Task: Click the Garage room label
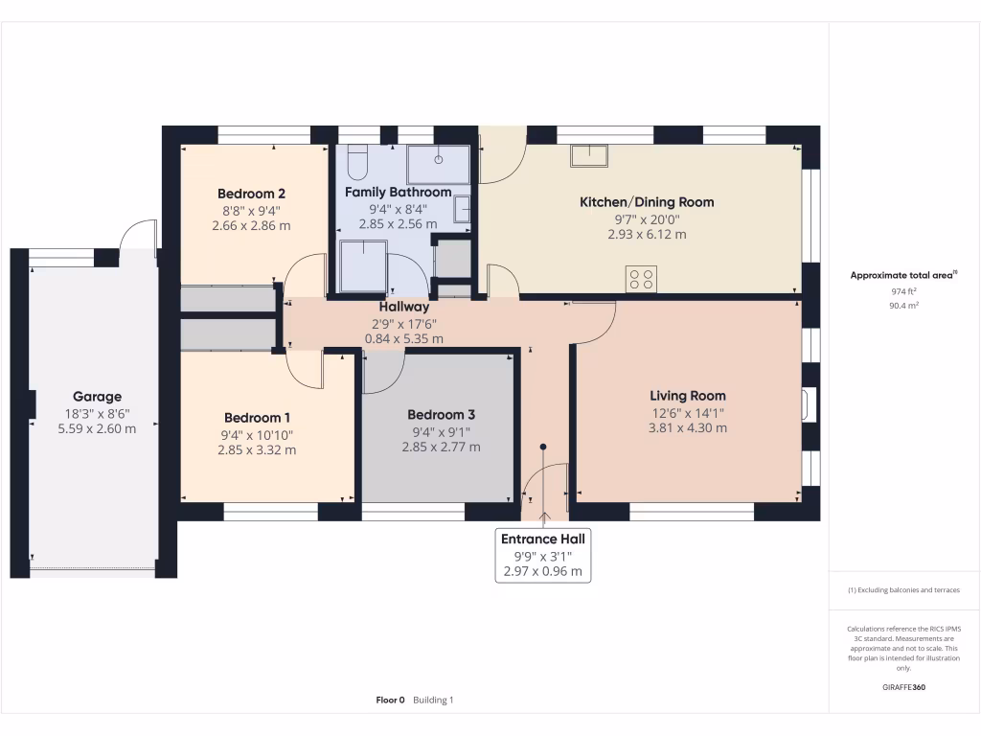click(x=97, y=397)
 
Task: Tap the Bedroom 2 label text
click(x=251, y=192)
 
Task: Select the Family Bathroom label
click(x=398, y=193)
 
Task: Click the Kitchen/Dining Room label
click(x=647, y=202)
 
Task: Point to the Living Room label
click(x=687, y=396)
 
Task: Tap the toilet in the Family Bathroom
click(x=358, y=163)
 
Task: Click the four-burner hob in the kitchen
click(x=641, y=279)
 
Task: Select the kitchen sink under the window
click(x=589, y=155)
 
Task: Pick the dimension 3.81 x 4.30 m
click(x=687, y=428)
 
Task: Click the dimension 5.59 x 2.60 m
click(x=97, y=429)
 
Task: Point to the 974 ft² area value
click(x=903, y=291)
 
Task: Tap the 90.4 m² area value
click(x=903, y=307)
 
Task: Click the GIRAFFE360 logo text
click(x=903, y=687)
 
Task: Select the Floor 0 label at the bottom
click(x=390, y=701)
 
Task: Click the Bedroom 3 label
click(x=441, y=415)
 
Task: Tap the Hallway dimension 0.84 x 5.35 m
click(x=403, y=339)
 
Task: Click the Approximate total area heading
click(x=903, y=275)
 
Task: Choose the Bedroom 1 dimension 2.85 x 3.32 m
click(x=257, y=449)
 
